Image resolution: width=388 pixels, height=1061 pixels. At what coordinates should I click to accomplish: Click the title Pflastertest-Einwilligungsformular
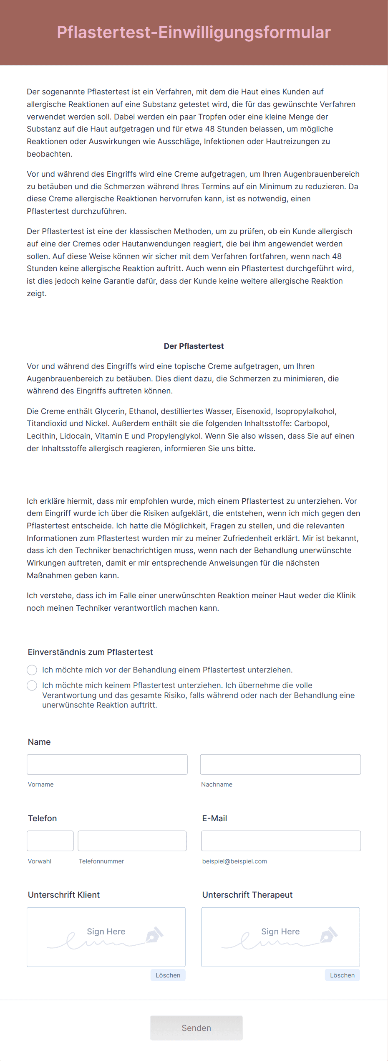pyautogui.click(x=194, y=32)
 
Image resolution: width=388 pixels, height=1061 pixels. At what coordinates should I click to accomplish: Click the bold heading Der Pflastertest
pyautogui.click(x=194, y=346)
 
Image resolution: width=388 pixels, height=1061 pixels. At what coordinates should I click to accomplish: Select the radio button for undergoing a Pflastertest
pyautogui.click(x=32, y=670)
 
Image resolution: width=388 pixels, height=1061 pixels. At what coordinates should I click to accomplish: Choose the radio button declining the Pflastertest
pyautogui.click(x=32, y=685)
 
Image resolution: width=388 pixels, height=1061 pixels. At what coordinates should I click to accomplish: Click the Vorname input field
pyautogui.click(x=107, y=764)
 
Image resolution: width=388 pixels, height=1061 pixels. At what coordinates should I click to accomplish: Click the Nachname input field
pyautogui.click(x=280, y=764)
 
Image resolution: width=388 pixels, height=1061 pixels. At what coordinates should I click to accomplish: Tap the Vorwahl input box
pyautogui.click(x=50, y=841)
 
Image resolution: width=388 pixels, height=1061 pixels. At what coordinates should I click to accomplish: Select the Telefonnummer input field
pyautogui.click(x=132, y=841)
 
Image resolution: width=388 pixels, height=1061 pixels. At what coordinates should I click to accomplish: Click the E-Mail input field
pyautogui.click(x=281, y=841)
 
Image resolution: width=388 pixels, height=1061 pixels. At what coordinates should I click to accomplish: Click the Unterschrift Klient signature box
pyautogui.click(x=106, y=937)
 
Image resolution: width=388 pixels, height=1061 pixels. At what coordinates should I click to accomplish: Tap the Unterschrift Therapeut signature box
pyautogui.click(x=280, y=937)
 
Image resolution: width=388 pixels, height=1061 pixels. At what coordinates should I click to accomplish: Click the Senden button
pyautogui.click(x=196, y=1028)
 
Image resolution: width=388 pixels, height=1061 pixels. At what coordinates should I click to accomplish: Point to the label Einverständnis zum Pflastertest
pyautogui.click(x=90, y=652)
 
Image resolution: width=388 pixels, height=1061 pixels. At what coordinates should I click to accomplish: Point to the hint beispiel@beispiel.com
pyautogui.click(x=234, y=861)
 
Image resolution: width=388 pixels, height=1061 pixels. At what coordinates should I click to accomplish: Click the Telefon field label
pyautogui.click(x=42, y=818)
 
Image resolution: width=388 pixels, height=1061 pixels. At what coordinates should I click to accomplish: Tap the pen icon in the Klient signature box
pyautogui.click(x=154, y=934)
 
